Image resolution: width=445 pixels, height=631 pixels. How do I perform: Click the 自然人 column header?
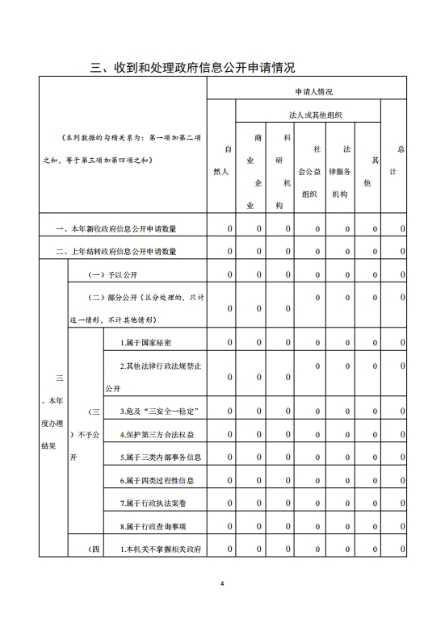(x=229, y=161)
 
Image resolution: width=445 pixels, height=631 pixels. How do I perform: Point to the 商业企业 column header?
(x=258, y=172)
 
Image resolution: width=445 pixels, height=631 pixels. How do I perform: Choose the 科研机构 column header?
(x=288, y=172)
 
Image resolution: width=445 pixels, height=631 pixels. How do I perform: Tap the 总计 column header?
(x=397, y=161)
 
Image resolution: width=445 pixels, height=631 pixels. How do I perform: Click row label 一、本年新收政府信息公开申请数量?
(x=116, y=230)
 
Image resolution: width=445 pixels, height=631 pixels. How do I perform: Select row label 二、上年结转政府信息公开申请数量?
(x=116, y=252)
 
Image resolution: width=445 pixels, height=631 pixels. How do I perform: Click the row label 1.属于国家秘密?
(x=145, y=343)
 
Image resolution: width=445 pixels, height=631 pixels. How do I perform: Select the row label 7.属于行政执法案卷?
(x=149, y=504)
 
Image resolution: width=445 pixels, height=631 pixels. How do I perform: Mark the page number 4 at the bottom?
(x=222, y=583)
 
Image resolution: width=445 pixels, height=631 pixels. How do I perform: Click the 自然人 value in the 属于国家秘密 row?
(x=229, y=343)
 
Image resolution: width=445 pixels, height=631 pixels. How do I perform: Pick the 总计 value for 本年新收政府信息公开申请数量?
(x=402, y=230)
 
